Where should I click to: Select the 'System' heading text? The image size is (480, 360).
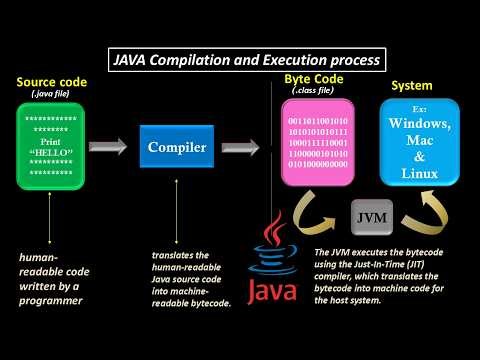[x=411, y=85]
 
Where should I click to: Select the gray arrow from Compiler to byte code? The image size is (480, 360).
[x=240, y=148]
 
